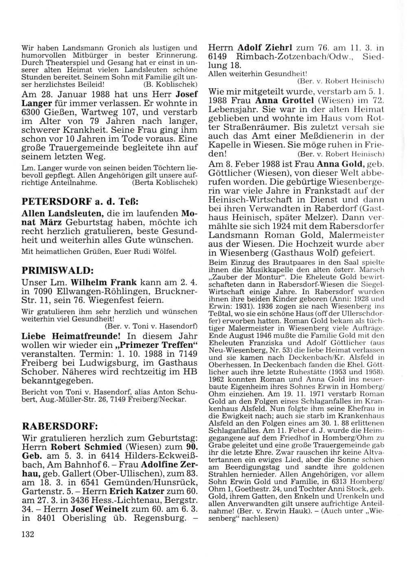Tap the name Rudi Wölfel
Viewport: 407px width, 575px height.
[x=160, y=251]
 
